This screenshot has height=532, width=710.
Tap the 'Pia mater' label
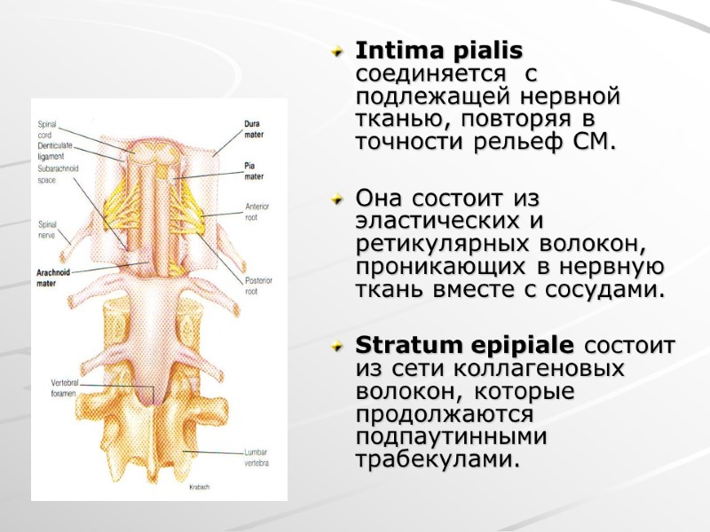coord(253,169)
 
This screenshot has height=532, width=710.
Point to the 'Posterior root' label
coord(256,284)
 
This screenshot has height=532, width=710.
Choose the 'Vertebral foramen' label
coord(65,387)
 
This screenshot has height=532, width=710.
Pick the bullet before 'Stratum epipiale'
coord(335,346)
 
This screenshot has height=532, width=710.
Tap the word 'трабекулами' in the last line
coord(434,460)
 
